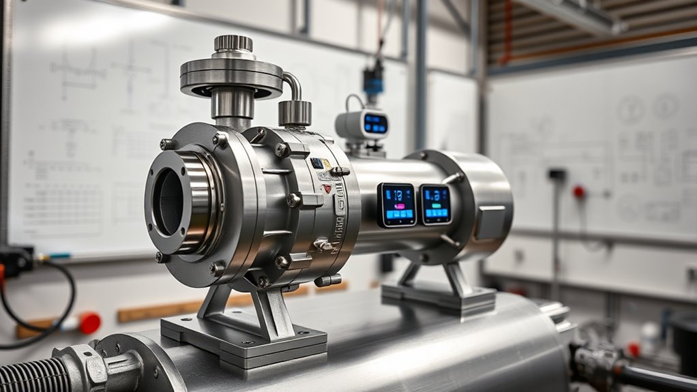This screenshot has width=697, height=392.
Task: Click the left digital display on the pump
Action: (x=397, y=205)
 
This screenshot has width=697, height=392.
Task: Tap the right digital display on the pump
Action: (x=435, y=204)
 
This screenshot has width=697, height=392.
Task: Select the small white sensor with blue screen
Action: (x=362, y=125)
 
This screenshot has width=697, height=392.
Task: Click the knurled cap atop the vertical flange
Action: (x=233, y=44)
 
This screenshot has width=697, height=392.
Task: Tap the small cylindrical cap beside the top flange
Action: (x=295, y=112)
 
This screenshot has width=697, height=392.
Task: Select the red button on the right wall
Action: (x=579, y=192)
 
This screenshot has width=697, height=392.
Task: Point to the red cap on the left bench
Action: (x=89, y=323)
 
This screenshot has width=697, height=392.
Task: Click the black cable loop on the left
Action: (x=41, y=307)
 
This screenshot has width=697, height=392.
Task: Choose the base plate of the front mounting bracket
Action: (x=243, y=338)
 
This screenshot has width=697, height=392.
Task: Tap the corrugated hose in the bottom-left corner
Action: (x=27, y=376)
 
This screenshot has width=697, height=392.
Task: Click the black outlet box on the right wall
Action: (x=557, y=175)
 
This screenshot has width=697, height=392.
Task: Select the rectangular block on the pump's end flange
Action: (x=491, y=222)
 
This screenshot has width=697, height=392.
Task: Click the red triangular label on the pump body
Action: (x=327, y=188)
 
